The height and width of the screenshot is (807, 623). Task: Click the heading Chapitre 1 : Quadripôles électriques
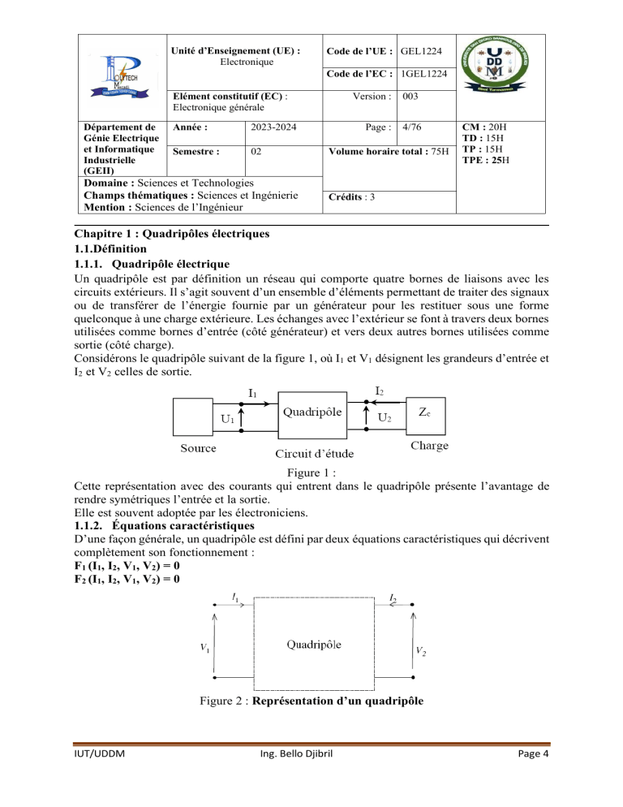[178, 233]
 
